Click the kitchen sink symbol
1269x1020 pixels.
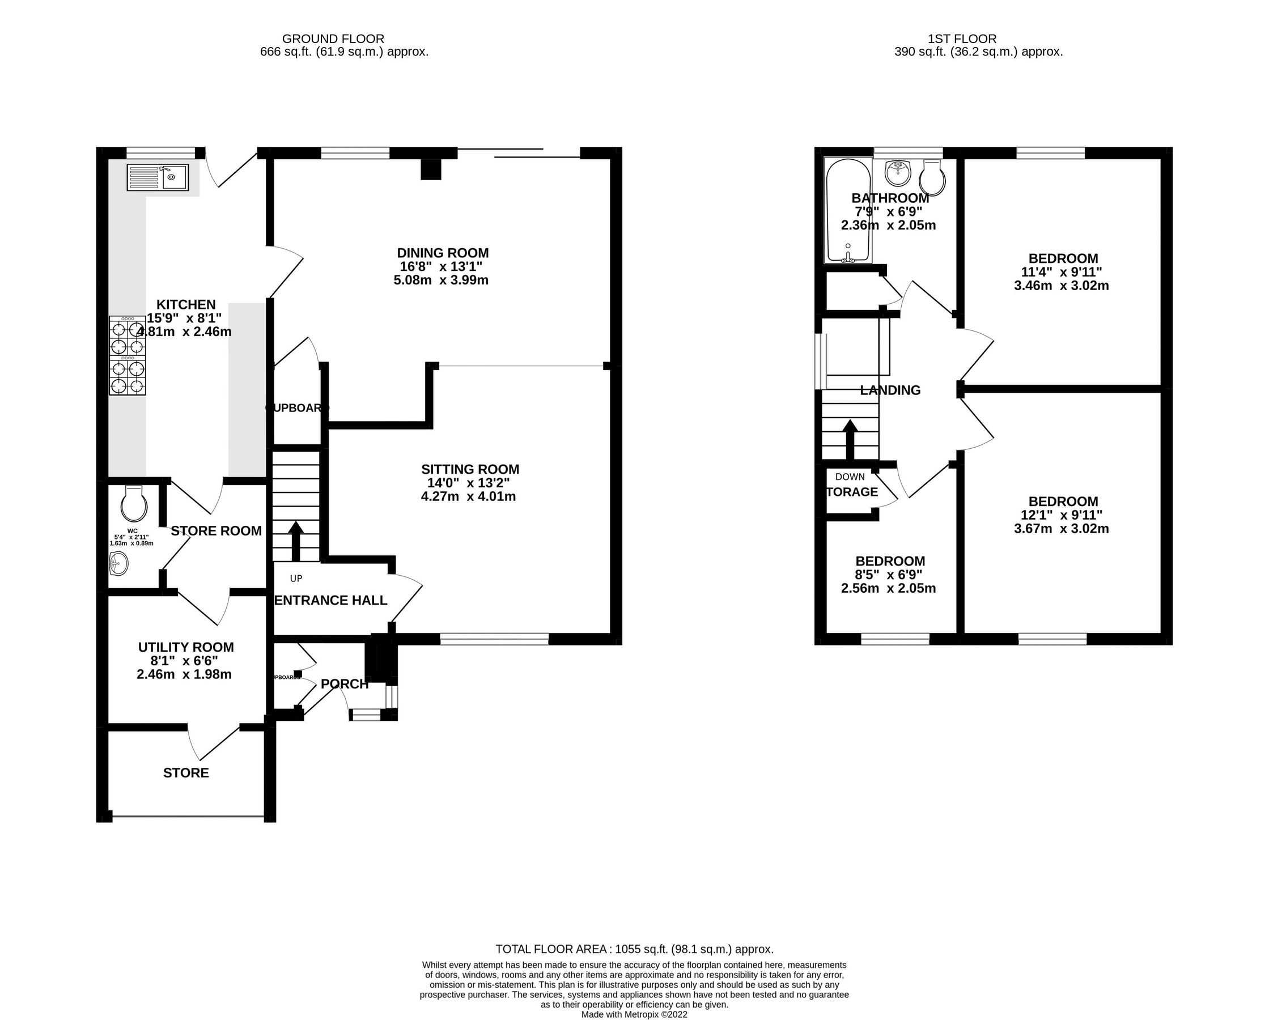tap(157, 177)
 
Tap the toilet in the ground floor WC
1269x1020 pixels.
tap(133, 504)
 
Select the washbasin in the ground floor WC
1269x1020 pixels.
tap(118, 566)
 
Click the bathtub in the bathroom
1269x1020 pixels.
tap(847, 211)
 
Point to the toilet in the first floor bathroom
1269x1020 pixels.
tap(933, 176)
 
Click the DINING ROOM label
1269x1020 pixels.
tap(442, 253)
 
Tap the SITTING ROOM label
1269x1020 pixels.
tap(470, 469)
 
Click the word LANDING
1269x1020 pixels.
tap(890, 390)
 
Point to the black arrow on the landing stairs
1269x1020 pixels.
tap(850, 439)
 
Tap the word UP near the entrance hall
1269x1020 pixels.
tap(296, 579)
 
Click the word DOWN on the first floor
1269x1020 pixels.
tap(850, 477)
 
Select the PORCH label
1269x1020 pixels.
tap(345, 684)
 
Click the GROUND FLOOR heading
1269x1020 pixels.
tap(333, 39)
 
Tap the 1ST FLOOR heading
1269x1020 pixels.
tap(962, 39)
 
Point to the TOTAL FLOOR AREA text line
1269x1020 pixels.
tap(634, 949)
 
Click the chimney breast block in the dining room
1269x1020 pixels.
tap(431, 169)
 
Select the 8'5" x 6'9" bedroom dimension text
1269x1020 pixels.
tap(889, 575)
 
